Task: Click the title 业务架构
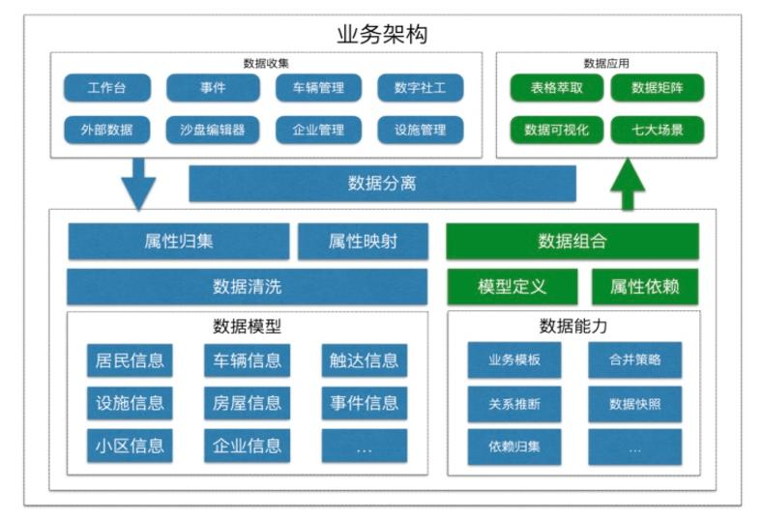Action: tap(382, 35)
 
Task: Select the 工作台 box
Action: tap(106, 88)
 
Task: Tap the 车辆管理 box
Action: tap(318, 88)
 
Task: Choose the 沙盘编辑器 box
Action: tap(213, 130)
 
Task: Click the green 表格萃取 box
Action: tap(556, 88)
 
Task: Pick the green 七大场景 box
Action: tap(657, 130)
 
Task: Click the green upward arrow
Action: tap(628, 183)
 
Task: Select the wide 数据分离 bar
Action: tap(382, 184)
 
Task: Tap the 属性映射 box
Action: tap(363, 242)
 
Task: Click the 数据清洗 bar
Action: tap(248, 287)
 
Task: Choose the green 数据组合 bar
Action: tap(572, 242)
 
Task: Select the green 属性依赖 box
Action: tap(644, 287)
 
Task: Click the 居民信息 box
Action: tap(130, 361)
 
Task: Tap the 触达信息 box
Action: tap(364, 361)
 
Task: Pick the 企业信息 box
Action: tap(247, 446)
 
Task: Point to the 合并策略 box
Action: tap(634, 360)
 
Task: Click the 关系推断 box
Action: tap(514, 404)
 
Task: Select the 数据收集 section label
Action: tap(266, 63)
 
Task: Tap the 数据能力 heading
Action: tap(573, 327)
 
